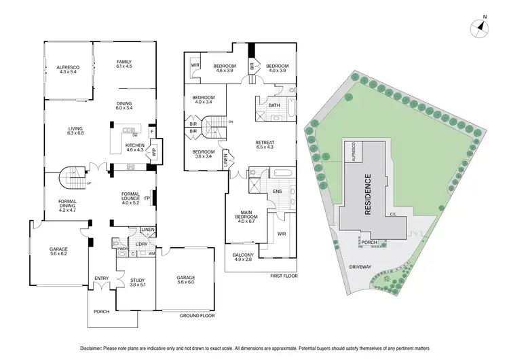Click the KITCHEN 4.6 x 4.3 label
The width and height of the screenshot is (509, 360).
(x=134, y=147)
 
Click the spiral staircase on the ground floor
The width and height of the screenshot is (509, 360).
(x=72, y=179)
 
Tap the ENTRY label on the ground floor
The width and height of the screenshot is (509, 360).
(x=102, y=277)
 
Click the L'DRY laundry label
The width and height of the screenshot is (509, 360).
(x=141, y=243)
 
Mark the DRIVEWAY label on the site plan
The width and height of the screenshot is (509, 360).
(x=361, y=267)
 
